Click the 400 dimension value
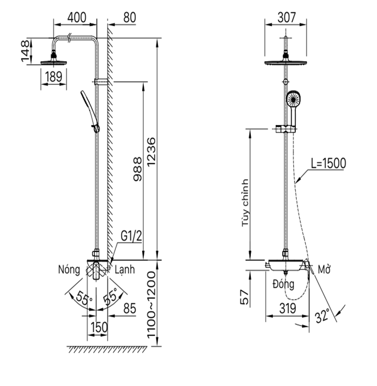coord(76,17)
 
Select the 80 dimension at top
coord(129,17)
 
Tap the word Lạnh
coord(125,270)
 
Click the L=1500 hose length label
coord(328,163)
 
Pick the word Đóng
coord(282,283)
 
